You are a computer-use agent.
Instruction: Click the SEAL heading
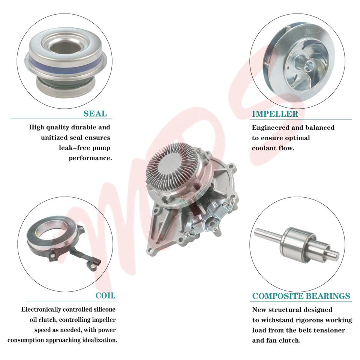[x=95, y=114]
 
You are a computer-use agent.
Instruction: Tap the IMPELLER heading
[x=275, y=114]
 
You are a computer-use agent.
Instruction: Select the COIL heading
[x=105, y=295]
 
